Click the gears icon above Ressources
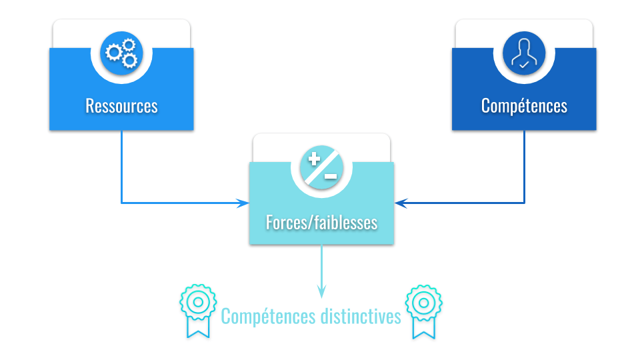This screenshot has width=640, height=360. pyautogui.click(x=121, y=53)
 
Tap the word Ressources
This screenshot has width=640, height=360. pyautogui.click(x=121, y=106)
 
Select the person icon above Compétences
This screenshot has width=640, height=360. pyautogui.click(x=524, y=53)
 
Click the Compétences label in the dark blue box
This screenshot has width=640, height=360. pyautogui.click(x=524, y=106)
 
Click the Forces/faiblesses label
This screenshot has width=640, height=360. pyautogui.click(x=321, y=222)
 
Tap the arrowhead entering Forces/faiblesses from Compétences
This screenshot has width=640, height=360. pyautogui.click(x=399, y=203)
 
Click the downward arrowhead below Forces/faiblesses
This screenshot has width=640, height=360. pyautogui.click(x=321, y=292)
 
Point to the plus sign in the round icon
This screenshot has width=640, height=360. pyautogui.click(x=315, y=159)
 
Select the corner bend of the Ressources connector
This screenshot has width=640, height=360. pyautogui.click(x=121, y=203)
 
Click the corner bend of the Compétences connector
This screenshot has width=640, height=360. pyautogui.click(x=524, y=203)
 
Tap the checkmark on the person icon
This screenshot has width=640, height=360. pyautogui.click(x=525, y=65)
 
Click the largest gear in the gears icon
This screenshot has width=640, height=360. pyautogui.click(x=115, y=51)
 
